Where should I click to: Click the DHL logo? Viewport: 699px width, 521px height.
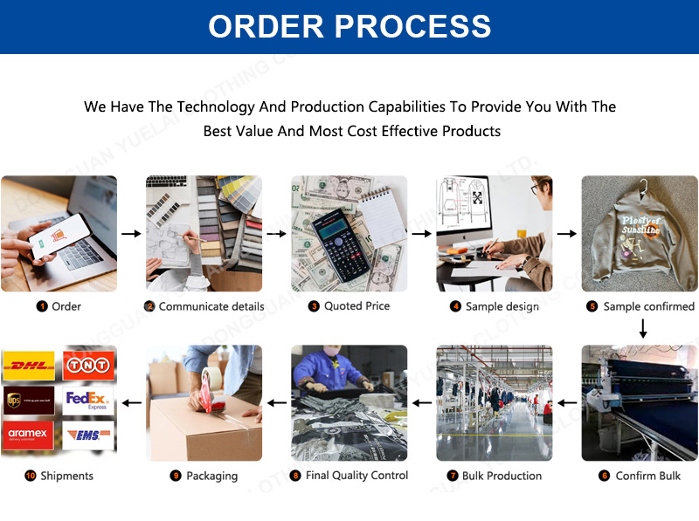pos(29,365)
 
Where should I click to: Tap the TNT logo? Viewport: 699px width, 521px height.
pos(88,365)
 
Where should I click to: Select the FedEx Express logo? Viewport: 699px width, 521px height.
pos(88,401)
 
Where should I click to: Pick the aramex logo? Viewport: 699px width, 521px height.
pos(29,435)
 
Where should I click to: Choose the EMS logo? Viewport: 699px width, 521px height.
pos(88,435)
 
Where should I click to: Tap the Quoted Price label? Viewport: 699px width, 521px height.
pos(356,306)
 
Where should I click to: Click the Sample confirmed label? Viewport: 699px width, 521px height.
pos(648,306)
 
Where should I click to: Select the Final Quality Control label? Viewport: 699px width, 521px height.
pos(356,476)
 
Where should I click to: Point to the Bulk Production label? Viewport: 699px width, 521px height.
pos(502,476)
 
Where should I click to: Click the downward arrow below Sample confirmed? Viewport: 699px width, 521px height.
pos(643,329)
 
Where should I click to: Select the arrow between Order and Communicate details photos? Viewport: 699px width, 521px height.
pos(131,234)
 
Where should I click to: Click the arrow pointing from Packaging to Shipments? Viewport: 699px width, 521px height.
pos(131,403)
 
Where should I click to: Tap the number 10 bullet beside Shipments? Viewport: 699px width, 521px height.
pos(31,476)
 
